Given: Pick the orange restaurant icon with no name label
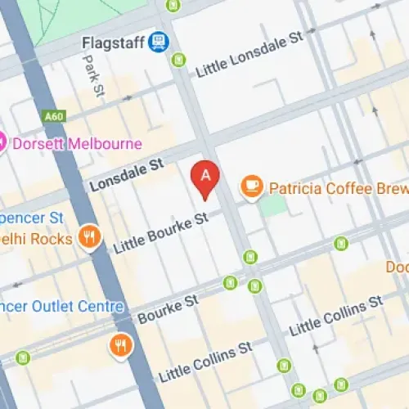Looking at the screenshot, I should point(120,345).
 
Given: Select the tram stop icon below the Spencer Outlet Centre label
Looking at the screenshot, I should point(23,357).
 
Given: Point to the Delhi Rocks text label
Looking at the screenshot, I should point(37,239).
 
